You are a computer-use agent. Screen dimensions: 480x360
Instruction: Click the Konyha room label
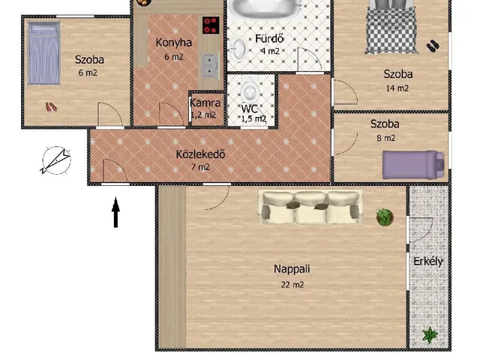click(x=173, y=43)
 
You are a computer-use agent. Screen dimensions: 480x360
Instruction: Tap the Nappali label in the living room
click(x=292, y=269)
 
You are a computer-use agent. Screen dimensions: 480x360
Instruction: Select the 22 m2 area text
click(x=292, y=285)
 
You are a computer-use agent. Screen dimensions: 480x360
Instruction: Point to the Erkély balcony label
click(x=428, y=262)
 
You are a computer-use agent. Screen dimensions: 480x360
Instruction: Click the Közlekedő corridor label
click(x=200, y=154)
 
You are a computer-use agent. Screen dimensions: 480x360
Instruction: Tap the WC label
click(x=250, y=109)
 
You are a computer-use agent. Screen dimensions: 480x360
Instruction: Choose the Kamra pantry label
click(x=205, y=103)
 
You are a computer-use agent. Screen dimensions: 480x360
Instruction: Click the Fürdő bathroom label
click(x=269, y=38)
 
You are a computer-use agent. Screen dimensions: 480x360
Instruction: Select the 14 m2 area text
click(x=397, y=88)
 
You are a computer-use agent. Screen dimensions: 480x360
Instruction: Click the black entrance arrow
click(x=115, y=212)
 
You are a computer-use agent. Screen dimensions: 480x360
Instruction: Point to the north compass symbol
click(x=56, y=160)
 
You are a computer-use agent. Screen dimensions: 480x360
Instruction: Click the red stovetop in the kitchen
click(x=211, y=25)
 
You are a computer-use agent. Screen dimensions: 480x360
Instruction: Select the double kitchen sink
click(x=211, y=65)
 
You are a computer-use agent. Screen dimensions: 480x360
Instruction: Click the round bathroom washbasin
click(x=238, y=48)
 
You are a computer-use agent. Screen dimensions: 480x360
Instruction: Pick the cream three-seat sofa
click(x=310, y=207)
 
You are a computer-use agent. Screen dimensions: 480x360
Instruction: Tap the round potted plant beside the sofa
click(x=385, y=217)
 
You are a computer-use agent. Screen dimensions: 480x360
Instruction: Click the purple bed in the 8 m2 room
click(x=413, y=164)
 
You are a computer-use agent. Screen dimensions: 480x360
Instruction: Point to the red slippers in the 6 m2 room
click(x=51, y=106)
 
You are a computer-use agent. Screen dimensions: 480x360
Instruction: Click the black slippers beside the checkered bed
click(x=433, y=46)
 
